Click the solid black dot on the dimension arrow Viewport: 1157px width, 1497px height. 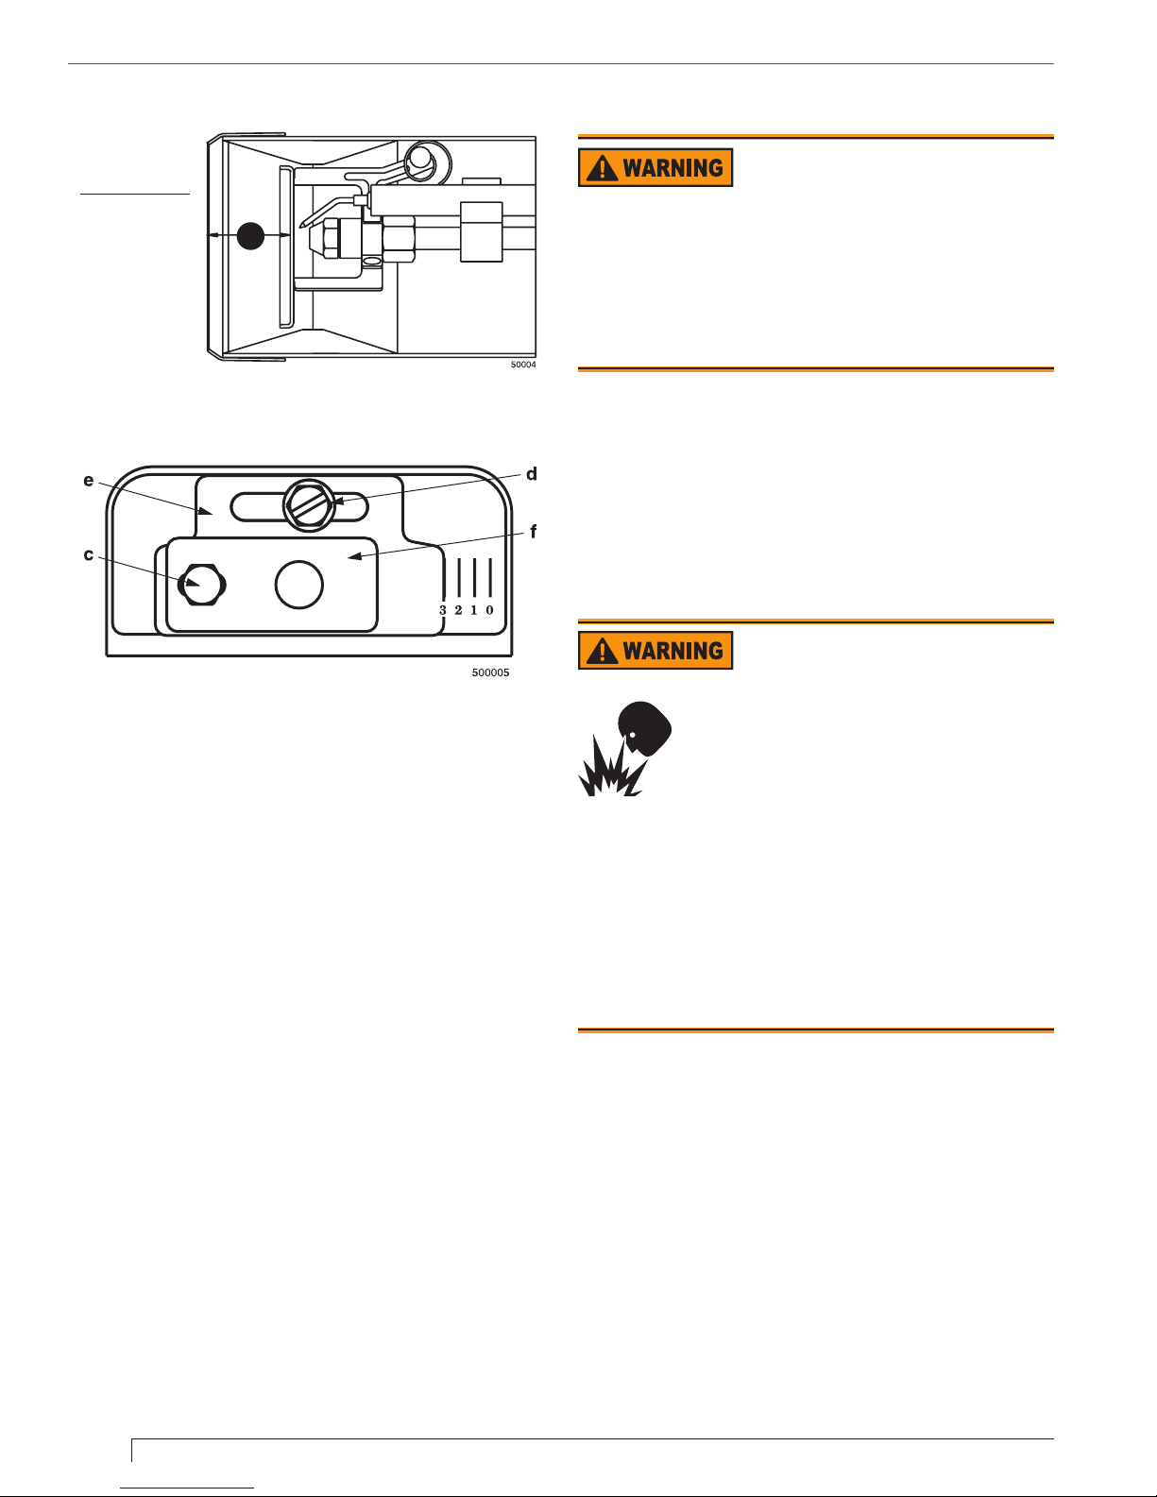250,235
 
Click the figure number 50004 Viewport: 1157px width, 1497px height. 523,365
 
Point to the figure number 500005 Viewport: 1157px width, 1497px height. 490,673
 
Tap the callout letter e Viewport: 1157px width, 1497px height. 89,481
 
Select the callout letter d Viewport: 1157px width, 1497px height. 532,474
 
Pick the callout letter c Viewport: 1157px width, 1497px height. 89,554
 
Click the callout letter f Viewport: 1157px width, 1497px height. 534,533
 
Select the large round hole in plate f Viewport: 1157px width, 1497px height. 299,585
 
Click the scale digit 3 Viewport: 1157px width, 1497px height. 443,610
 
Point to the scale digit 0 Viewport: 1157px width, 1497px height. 489,610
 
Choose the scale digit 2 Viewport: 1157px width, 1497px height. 458,610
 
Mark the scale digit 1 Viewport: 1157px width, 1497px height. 473,610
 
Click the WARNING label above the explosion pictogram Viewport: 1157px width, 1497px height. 655,651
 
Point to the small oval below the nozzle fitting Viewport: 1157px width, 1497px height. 372,261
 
